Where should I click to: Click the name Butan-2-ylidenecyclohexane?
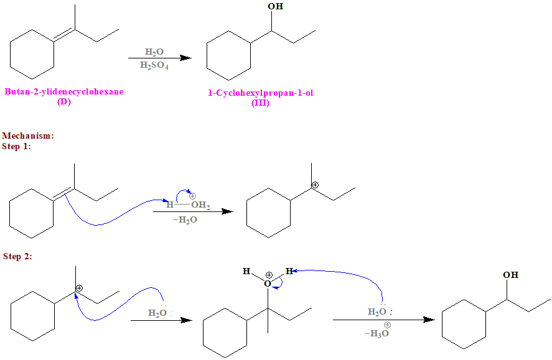point(64,92)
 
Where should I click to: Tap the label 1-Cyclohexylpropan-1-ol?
point(260,93)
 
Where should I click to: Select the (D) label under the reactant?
point(63,102)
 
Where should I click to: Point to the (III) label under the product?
point(260,103)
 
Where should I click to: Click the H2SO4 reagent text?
point(154,65)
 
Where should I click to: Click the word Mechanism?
point(28,135)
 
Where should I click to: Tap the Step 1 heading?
point(17,146)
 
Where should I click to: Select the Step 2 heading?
point(17,256)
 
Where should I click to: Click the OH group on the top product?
point(274,7)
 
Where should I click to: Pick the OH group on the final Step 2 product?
point(510,275)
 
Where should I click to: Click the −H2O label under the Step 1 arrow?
point(185,219)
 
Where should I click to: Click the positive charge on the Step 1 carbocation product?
point(315,185)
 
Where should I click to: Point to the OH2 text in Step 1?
point(200,205)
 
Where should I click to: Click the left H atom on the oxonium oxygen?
point(246,272)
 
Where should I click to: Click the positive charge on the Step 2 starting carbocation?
point(80,288)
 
